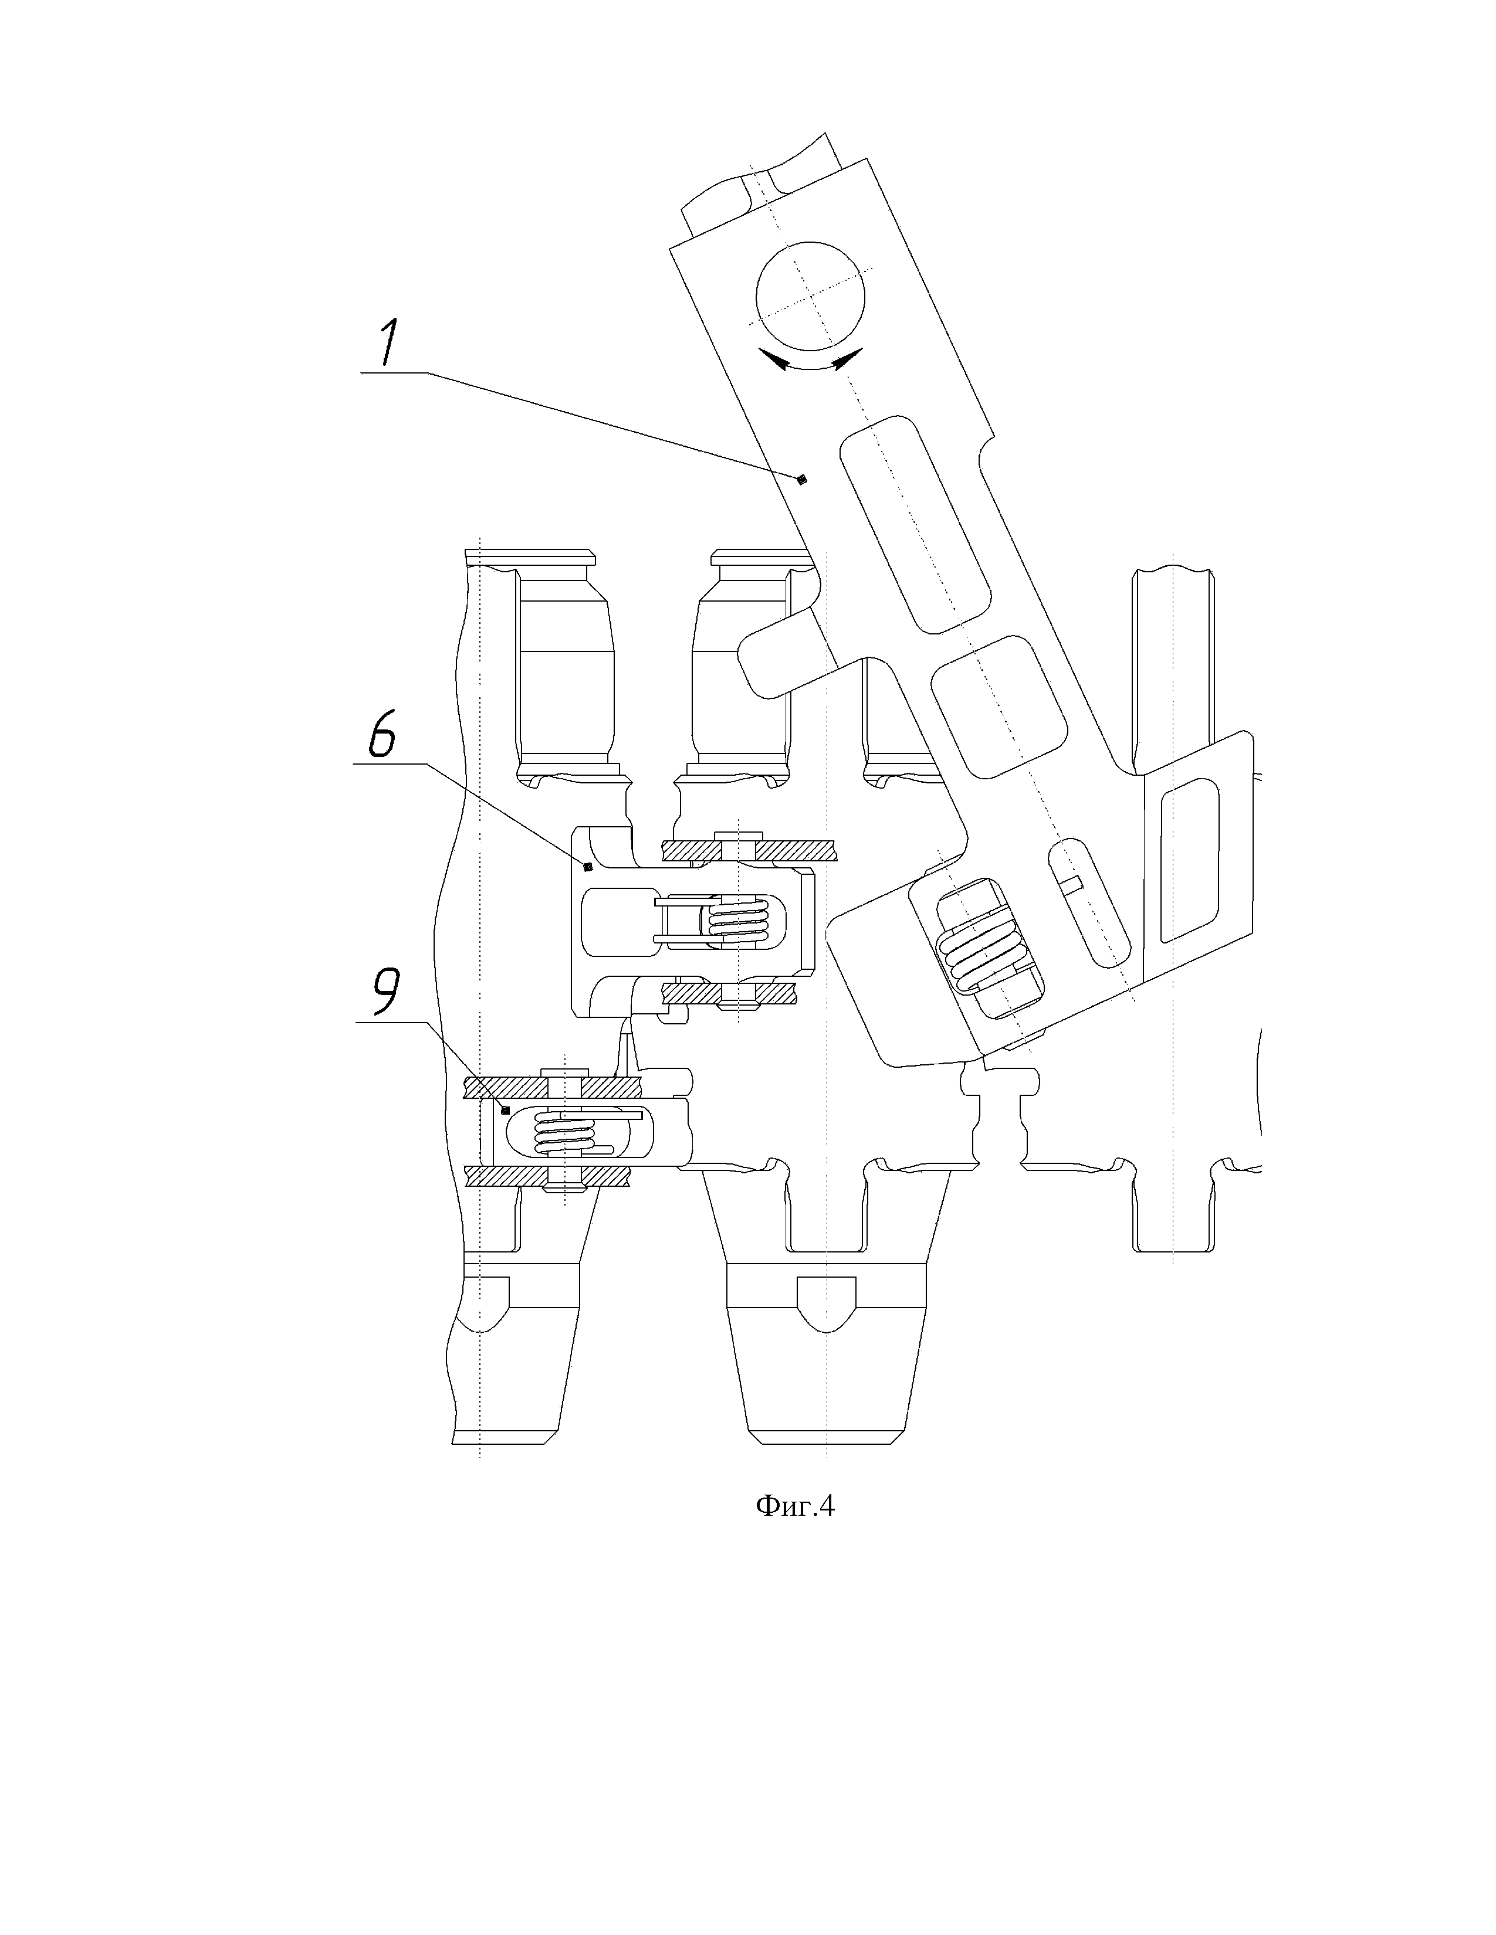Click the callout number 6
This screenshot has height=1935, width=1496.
click(x=382, y=732)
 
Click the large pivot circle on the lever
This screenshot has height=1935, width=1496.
click(x=810, y=295)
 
